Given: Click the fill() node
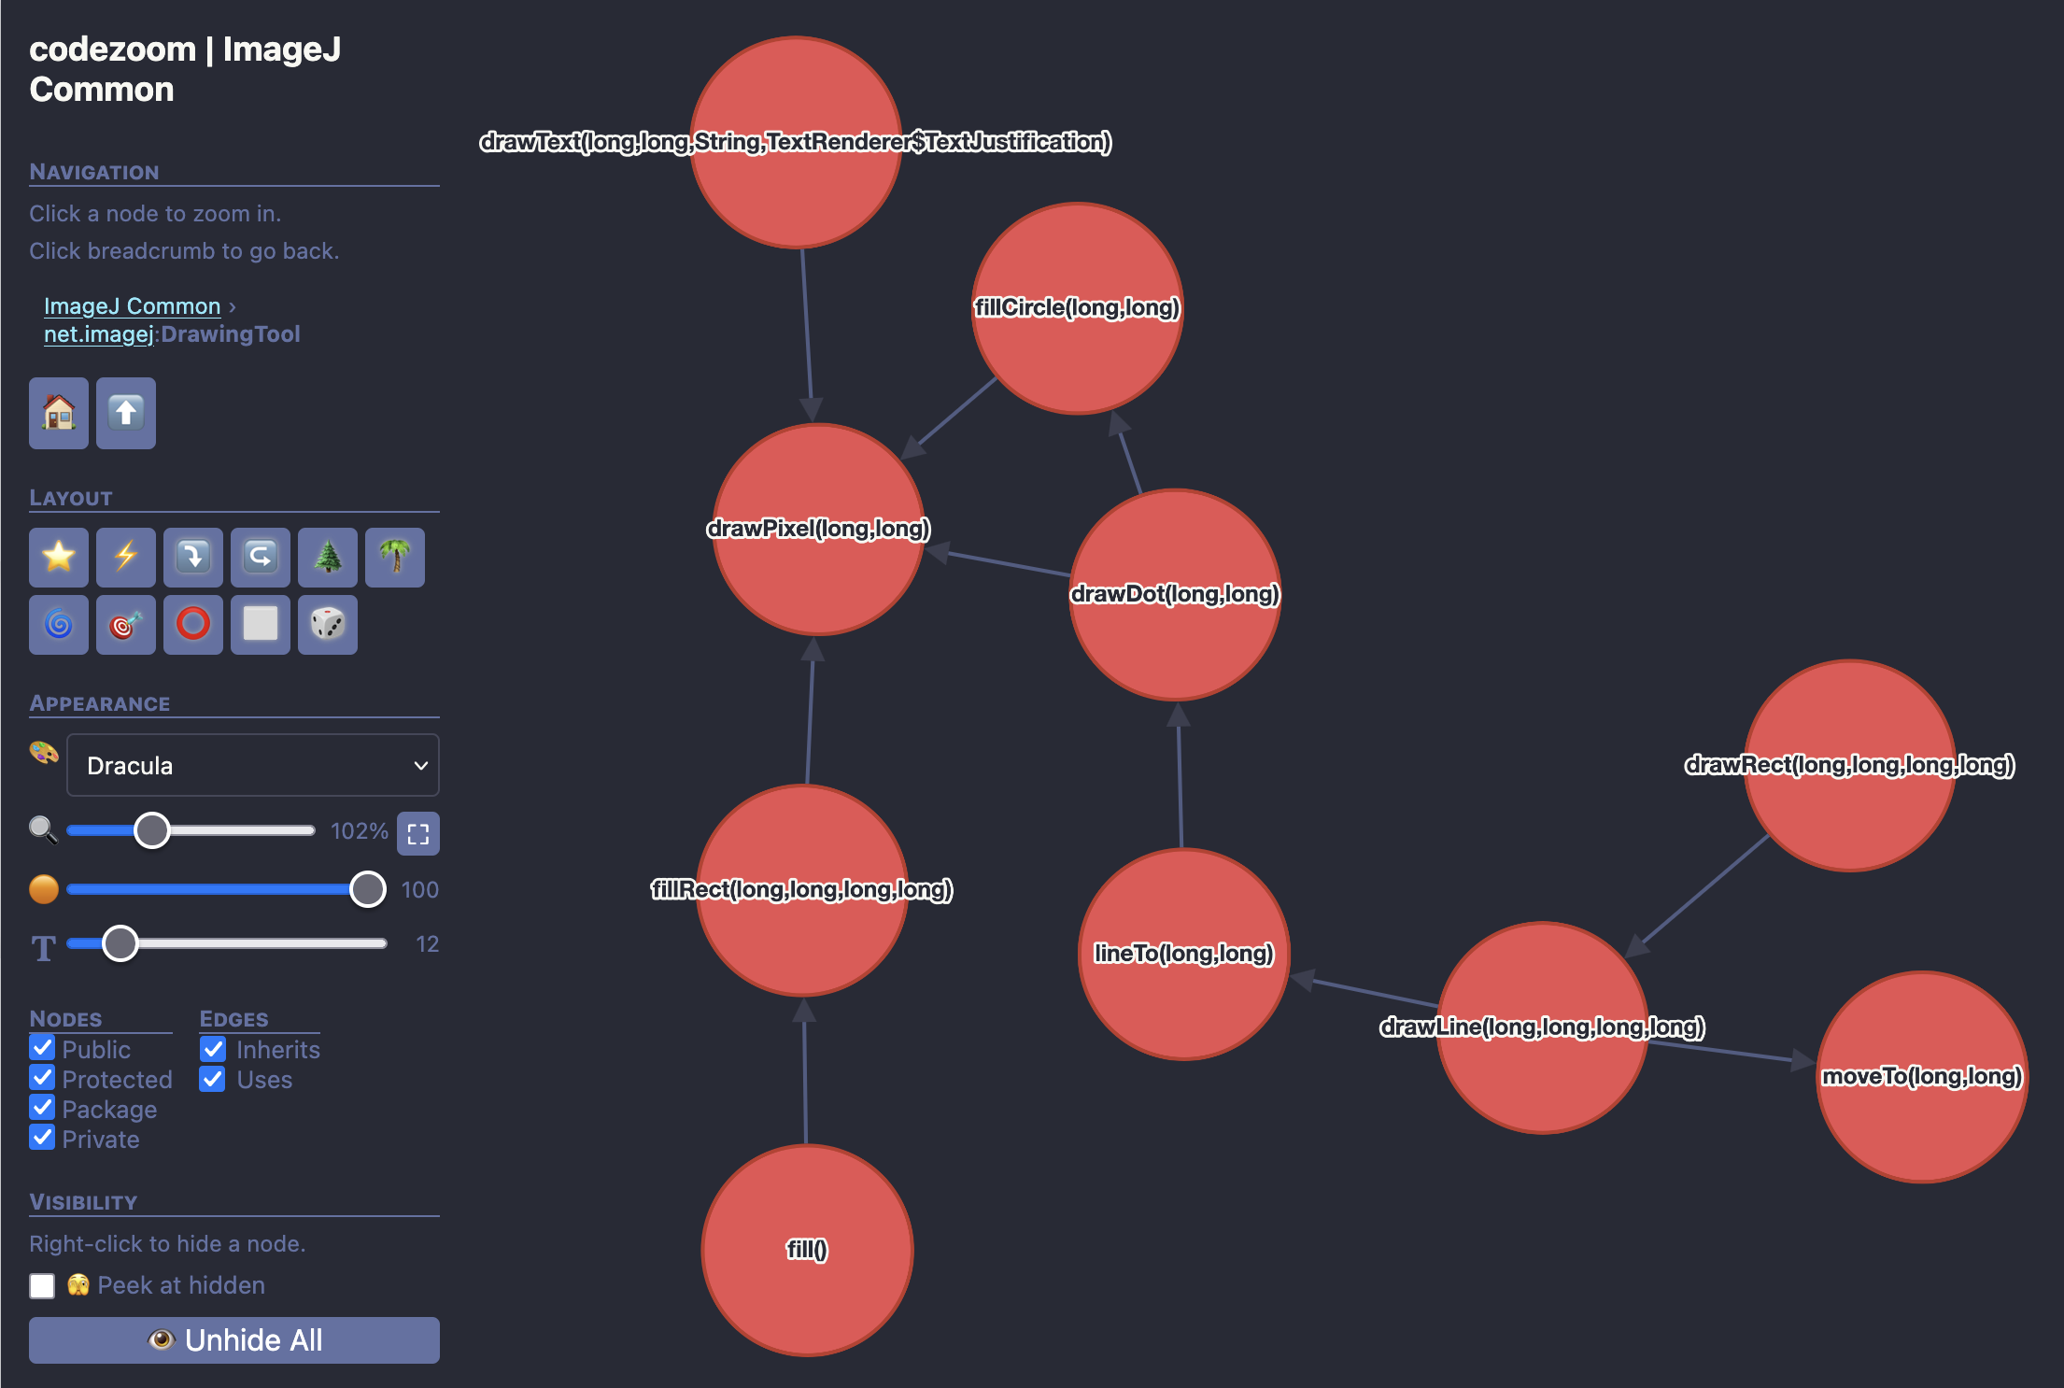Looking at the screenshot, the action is pos(807,1250).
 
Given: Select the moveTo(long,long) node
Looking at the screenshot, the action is pos(1921,1077).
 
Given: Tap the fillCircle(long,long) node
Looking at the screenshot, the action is pos(1077,308).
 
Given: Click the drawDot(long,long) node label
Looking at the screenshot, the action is pos(1174,594).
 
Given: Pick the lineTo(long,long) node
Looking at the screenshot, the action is pos(1183,954).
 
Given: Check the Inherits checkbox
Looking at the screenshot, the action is pos(214,1049).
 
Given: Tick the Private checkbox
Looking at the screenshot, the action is pos(42,1138).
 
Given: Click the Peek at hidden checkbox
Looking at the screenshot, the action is pos(42,1286).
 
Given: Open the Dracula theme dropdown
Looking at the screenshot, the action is pos(252,766).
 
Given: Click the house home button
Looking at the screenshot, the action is pos(59,413).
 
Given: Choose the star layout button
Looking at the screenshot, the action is pos(59,558).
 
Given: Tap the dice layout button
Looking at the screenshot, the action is pos(328,625).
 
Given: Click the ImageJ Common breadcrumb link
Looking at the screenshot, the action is pos(132,306).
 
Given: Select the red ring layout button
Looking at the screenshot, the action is pos(193,625).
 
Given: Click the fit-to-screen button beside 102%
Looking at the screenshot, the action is pos(418,833).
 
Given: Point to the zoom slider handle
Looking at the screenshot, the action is pos(152,829).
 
